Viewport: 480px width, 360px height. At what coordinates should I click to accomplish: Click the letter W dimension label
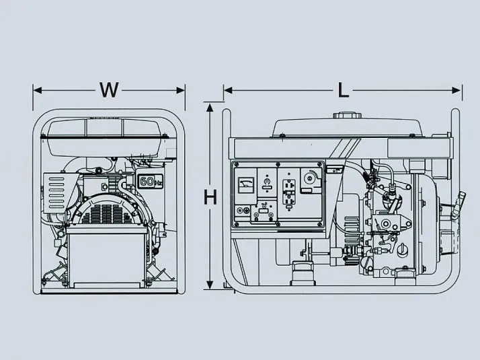point(109,89)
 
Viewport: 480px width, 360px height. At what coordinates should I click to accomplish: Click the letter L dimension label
point(344,90)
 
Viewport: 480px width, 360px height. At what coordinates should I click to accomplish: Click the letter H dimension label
point(210,196)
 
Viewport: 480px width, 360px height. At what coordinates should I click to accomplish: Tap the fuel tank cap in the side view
point(346,116)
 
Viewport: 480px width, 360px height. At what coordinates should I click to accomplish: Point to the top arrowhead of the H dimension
point(210,107)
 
